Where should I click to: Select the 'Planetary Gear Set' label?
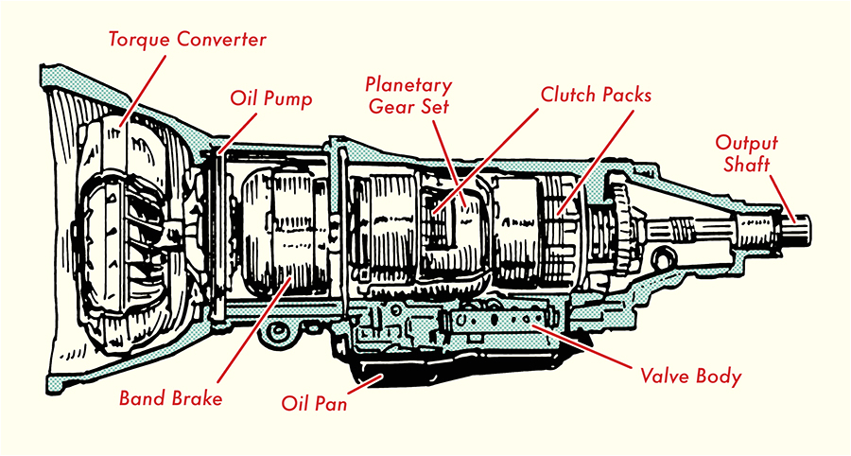[x=409, y=96]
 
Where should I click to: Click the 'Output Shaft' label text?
[x=745, y=153]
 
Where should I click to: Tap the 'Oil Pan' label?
[x=314, y=405]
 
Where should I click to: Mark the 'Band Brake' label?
[x=171, y=398]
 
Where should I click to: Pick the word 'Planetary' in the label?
[x=409, y=85]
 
